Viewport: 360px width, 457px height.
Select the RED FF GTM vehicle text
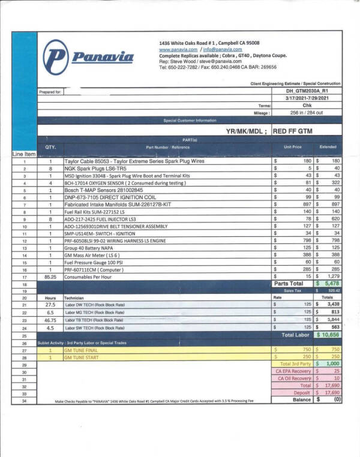coord(292,130)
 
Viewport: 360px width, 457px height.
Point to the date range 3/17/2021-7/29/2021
coord(305,97)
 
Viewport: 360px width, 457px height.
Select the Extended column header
coord(328,147)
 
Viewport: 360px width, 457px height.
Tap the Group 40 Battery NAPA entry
coord(92,248)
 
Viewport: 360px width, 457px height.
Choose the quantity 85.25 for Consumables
coord(50,276)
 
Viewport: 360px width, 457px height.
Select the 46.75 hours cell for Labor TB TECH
coord(50,320)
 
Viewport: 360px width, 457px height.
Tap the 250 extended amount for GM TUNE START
coord(334,356)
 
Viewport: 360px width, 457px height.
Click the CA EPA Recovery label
coord(294,371)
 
